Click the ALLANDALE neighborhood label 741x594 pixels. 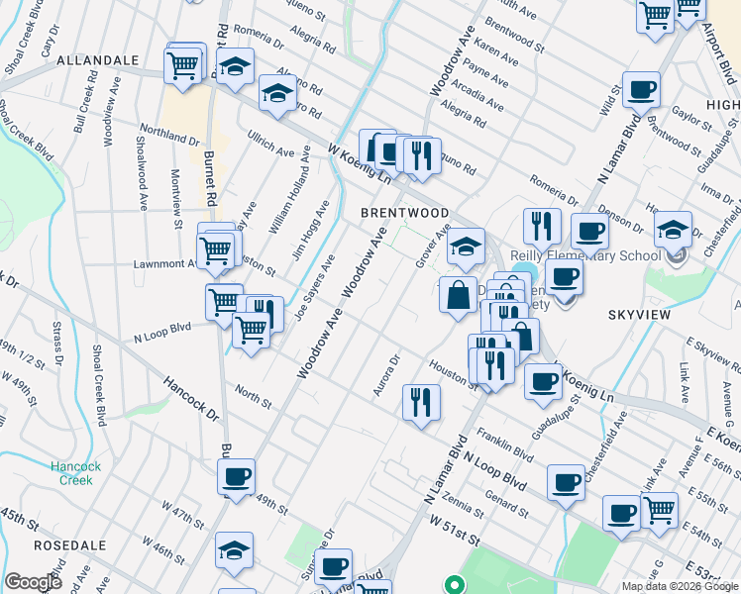[98, 60]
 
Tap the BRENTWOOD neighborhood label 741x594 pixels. [404, 213]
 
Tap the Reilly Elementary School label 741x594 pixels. [584, 255]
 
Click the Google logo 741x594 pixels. [33, 582]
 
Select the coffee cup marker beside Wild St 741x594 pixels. [641, 91]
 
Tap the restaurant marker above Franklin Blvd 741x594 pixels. [421, 402]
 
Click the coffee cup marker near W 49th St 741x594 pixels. [237, 477]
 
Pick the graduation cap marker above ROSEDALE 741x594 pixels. [234, 550]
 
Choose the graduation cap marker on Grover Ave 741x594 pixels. [466, 247]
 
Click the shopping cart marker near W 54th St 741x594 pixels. [660, 509]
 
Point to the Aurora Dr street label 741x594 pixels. [386, 376]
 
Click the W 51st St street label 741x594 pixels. [454, 542]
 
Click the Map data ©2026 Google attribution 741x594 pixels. [680, 586]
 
